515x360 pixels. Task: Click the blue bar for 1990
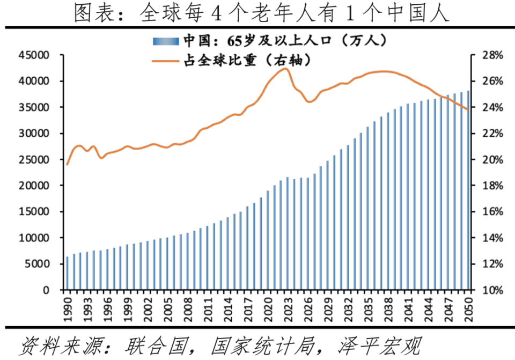(x=68, y=274)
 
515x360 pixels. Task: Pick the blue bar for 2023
(x=288, y=234)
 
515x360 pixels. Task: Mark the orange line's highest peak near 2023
(x=285, y=69)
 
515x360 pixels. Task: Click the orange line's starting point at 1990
(x=68, y=164)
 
